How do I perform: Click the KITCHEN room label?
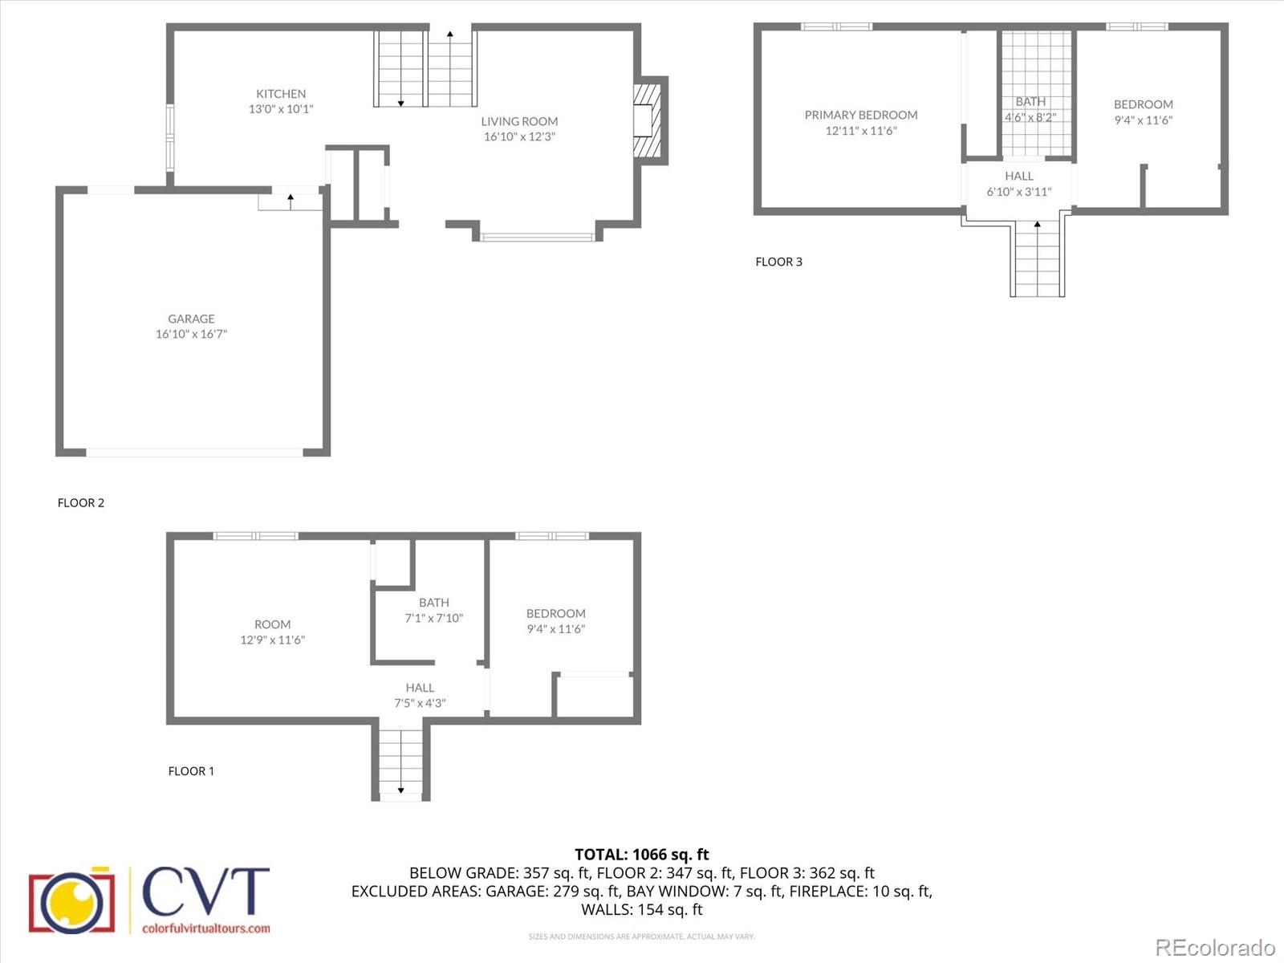point(281,94)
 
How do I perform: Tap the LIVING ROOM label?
point(519,121)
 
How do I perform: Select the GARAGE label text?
point(191,319)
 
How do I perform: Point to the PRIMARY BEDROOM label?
point(861,115)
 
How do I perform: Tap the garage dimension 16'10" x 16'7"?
point(191,334)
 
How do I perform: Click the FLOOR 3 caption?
point(778,262)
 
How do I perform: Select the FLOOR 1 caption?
point(191,771)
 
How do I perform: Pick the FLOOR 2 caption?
point(81,503)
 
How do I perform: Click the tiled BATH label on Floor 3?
point(1030,102)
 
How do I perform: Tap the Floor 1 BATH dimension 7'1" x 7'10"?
point(433,618)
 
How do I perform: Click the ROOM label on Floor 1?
point(272,624)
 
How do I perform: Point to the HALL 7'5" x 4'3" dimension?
point(420,703)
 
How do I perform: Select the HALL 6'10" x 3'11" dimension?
point(1019,192)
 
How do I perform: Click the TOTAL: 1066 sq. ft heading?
point(642,855)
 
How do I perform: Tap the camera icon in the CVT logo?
point(71,901)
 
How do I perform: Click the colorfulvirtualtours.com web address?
point(206,928)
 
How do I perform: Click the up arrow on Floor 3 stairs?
point(1038,225)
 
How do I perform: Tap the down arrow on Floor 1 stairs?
point(400,790)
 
